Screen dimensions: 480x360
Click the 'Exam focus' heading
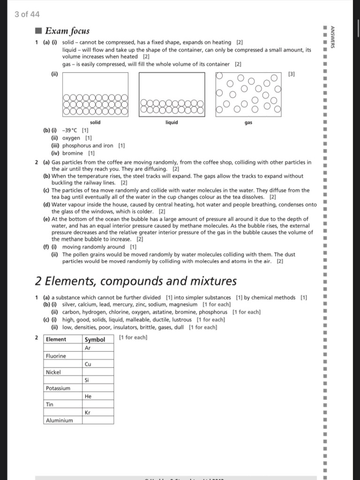point(67,31)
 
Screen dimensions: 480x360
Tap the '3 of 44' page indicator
point(27,14)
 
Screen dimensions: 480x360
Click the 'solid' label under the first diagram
point(95,122)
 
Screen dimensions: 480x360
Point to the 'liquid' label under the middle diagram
point(172,122)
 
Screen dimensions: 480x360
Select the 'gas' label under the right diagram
point(248,122)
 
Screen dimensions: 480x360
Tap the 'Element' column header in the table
point(56,339)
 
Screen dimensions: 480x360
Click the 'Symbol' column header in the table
point(95,339)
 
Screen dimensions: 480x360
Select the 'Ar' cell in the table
point(88,348)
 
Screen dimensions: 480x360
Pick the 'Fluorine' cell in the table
point(56,356)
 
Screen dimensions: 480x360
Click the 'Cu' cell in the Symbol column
point(88,364)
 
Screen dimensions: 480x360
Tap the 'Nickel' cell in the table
point(53,372)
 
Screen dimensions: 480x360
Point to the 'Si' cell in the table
point(87,380)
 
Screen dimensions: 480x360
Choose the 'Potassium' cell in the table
point(58,388)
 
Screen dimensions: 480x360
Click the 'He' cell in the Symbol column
point(88,397)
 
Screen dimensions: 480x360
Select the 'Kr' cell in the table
point(88,412)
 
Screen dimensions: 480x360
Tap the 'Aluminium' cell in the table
point(59,420)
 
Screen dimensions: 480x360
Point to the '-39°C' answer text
point(71,130)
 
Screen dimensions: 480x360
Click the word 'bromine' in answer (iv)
point(73,153)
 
